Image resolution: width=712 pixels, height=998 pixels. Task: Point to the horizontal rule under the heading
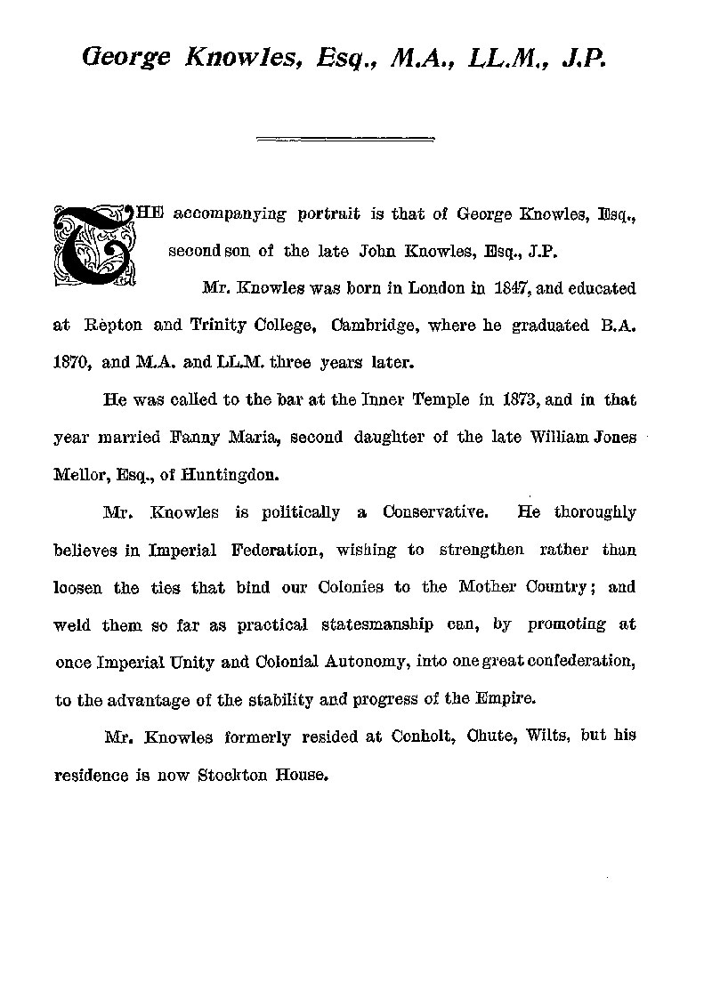click(344, 139)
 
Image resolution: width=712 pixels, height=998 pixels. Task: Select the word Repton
click(107, 326)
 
